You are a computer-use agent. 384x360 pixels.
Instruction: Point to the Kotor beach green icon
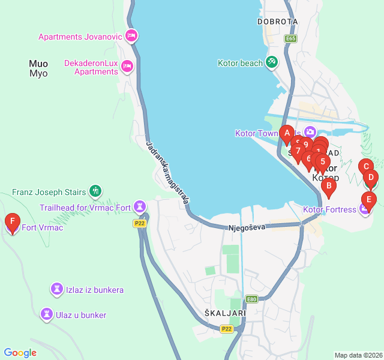(272, 62)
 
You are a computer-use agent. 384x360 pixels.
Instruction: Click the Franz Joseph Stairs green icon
(95, 191)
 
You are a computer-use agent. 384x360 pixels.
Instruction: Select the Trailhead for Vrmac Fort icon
(140, 207)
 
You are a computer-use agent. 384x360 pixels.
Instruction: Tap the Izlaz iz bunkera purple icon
(57, 289)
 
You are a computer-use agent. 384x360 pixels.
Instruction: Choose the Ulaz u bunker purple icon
(46, 314)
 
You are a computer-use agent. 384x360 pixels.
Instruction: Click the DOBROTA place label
(277, 22)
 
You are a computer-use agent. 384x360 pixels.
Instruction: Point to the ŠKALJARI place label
(225, 313)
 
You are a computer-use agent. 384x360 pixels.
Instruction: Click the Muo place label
(38, 63)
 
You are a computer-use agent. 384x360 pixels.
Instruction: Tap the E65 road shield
(291, 38)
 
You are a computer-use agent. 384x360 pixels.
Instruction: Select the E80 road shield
(251, 299)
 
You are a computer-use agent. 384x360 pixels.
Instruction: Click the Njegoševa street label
(247, 228)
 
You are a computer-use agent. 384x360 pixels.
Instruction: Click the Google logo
(20, 353)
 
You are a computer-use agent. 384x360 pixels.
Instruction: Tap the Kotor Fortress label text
(329, 209)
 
